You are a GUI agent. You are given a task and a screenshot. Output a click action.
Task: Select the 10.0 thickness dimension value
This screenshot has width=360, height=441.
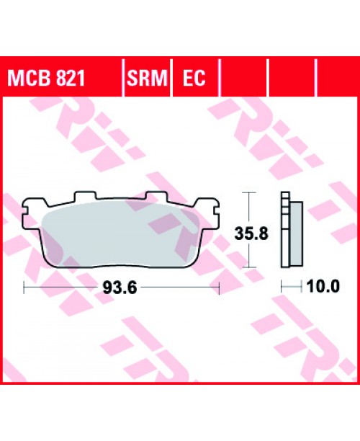[323, 287]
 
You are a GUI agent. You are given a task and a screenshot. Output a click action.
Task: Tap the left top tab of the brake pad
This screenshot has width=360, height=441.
[85, 197]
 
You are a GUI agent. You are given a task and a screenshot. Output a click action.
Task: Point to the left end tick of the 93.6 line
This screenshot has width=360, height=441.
[24, 288]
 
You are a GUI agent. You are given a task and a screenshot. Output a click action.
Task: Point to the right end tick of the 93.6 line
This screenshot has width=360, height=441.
[217, 288]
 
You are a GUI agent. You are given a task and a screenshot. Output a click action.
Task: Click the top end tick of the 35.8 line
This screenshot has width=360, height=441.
[248, 193]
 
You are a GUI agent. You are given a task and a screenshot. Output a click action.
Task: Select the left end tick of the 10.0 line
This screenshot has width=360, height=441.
[282, 287]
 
